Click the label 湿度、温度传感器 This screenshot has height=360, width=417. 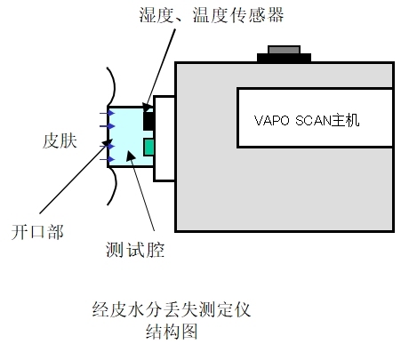(212, 15)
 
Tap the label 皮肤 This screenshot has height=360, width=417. (60, 140)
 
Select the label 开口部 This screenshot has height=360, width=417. (37, 232)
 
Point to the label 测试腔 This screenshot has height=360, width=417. (135, 250)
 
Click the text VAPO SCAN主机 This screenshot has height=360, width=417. (307, 120)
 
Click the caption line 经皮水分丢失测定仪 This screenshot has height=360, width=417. (172, 310)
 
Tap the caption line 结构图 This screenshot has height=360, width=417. (172, 332)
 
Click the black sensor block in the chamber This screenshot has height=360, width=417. (148, 121)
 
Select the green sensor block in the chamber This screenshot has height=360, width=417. (149, 147)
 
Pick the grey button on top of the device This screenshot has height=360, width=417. (284, 50)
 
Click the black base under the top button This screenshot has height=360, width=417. (284, 58)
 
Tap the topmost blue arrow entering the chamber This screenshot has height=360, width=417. (107, 113)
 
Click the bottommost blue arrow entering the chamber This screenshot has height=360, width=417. (107, 160)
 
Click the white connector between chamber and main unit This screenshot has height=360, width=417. (164, 139)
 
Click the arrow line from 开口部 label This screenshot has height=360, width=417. (73, 179)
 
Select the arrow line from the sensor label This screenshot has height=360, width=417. (160, 70)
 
